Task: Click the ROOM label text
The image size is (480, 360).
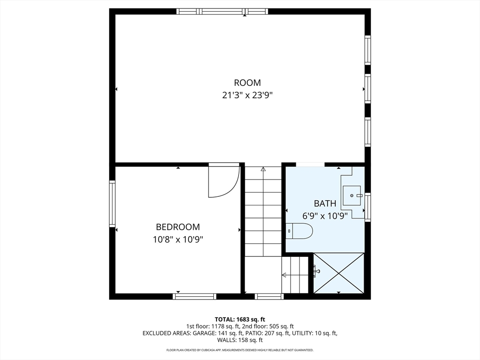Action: point(247,82)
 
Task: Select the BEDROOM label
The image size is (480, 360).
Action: point(178,227)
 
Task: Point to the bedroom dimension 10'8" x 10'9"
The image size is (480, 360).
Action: point(178,239)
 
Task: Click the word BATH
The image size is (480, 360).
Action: point(325,203)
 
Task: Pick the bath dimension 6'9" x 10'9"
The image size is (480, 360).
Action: point(325,216)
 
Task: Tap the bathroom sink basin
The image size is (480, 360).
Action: point(352,195)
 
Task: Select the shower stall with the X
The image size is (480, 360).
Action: point(339,273)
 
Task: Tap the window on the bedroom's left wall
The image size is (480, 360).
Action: point(112,203)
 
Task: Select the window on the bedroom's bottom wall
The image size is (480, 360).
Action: point(195,296)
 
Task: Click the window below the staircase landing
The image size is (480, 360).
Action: point(269,296)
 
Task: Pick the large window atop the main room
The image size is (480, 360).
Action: point(222,11)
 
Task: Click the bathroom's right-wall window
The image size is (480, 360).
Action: point(367,207)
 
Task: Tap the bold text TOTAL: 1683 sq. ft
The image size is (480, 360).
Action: point(240,320)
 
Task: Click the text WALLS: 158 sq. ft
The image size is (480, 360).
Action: point(240,340)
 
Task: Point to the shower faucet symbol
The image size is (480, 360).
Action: point(316,270)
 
